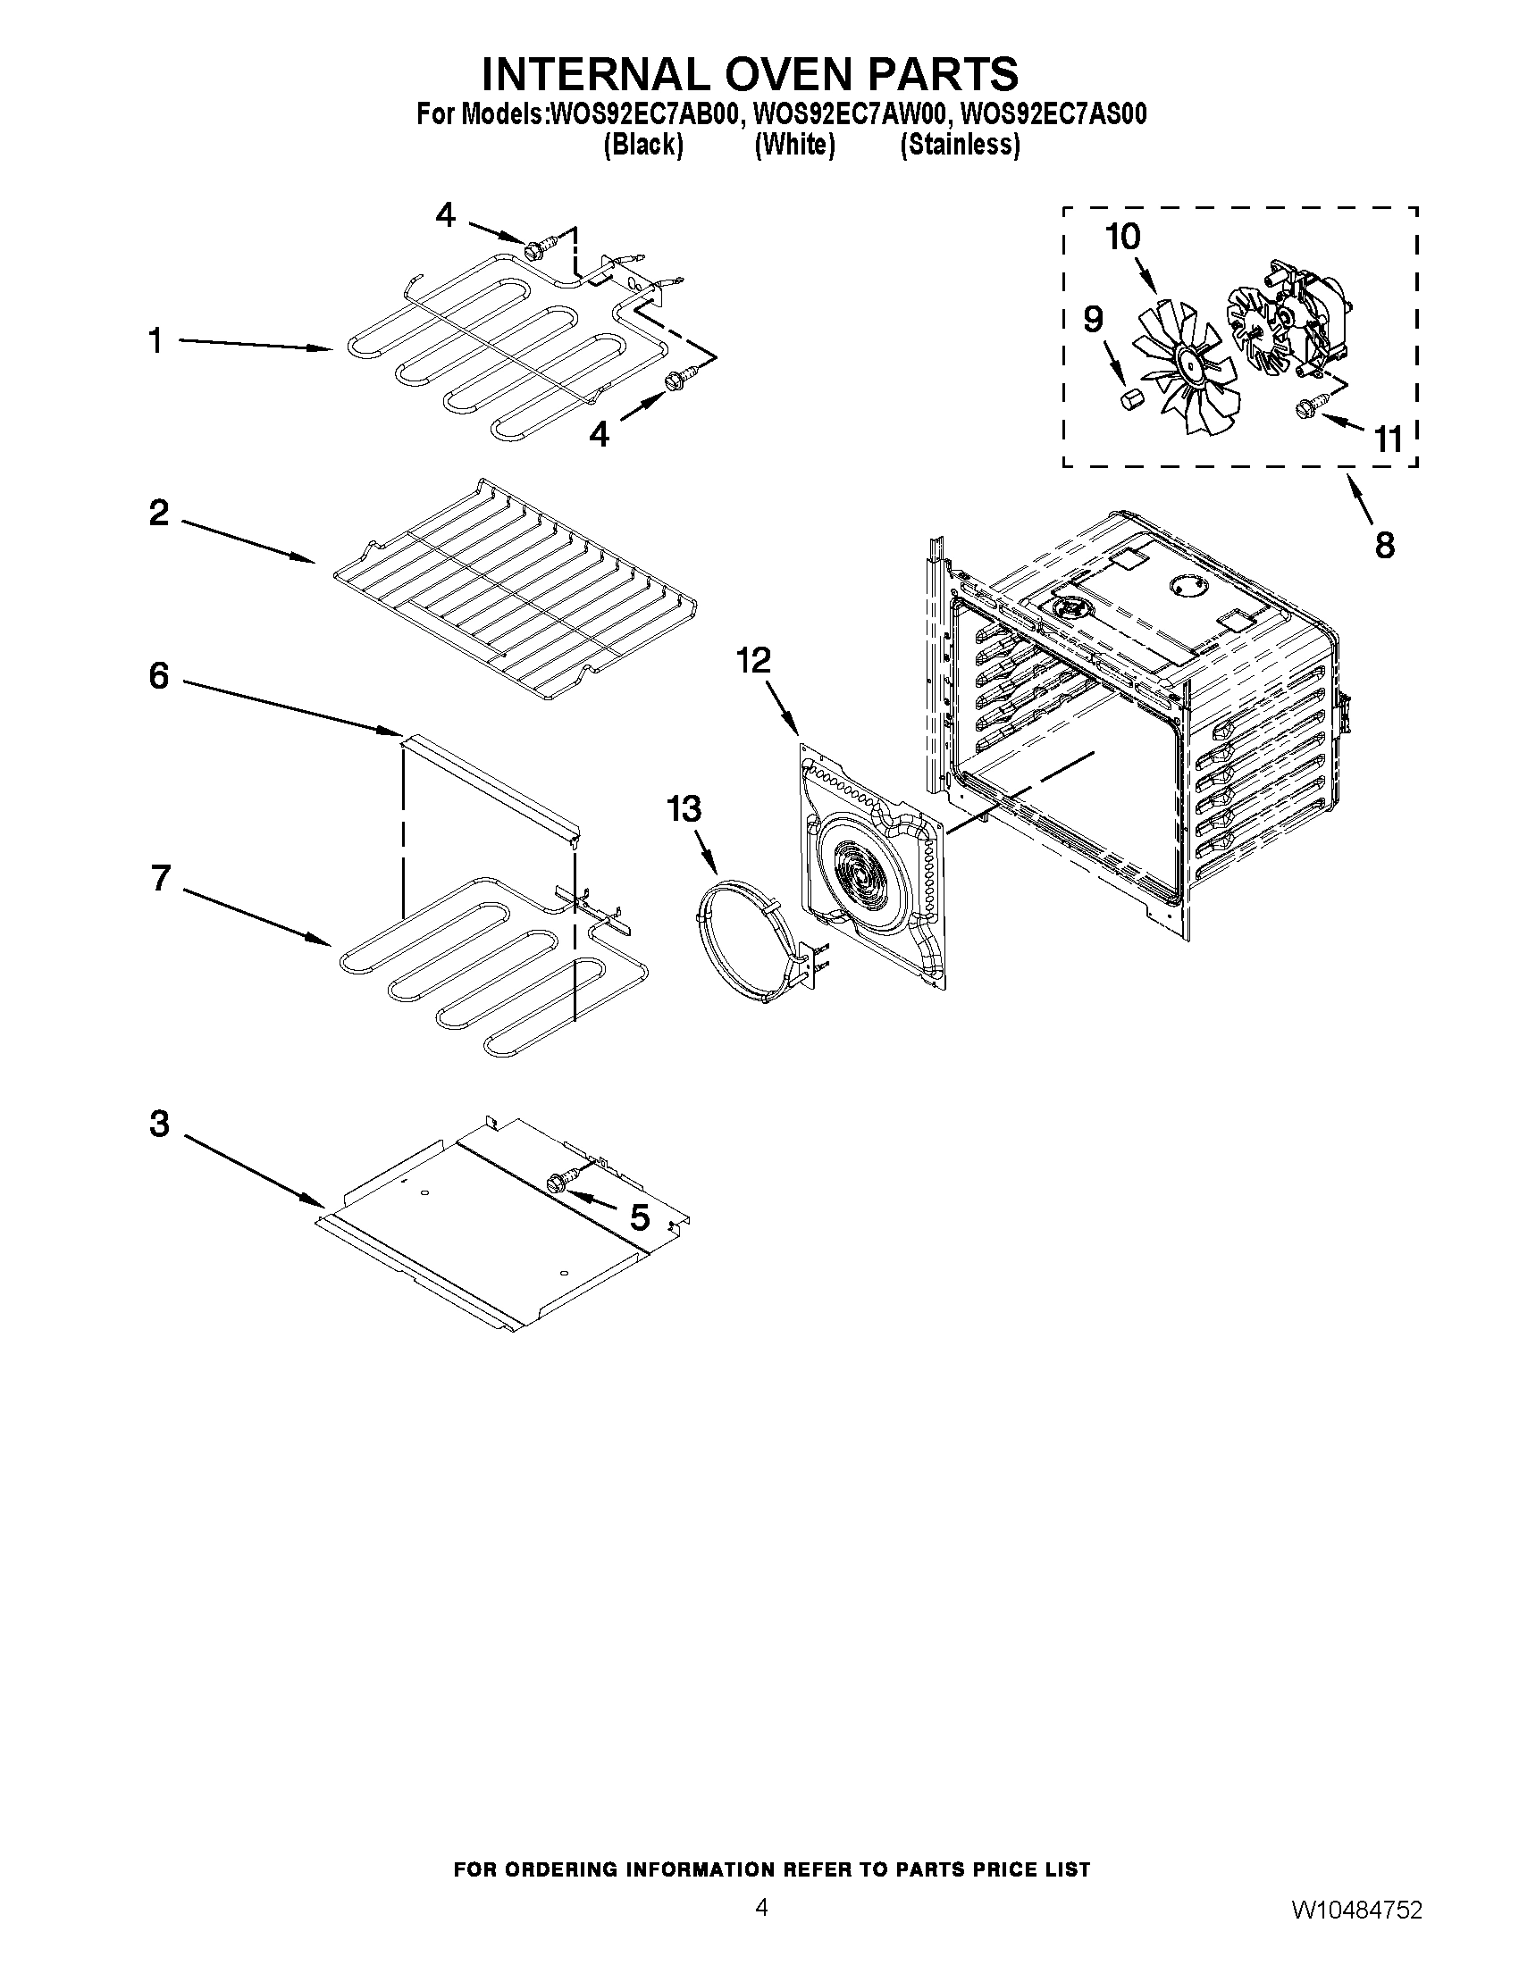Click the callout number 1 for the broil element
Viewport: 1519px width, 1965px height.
click(155, 342)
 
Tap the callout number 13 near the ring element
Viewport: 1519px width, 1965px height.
click(684, 809)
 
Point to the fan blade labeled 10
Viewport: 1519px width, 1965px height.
click(1171, 369)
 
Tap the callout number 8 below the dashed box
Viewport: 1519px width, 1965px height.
click(1384, 544)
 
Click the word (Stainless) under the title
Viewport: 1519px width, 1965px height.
click(961, 145)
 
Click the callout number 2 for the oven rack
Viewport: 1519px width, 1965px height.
click(158, 514)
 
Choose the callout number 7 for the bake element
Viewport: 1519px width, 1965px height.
click(160, 877)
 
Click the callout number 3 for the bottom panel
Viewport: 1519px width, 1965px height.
click(159, 1124)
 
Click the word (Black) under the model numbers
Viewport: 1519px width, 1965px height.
click(643, 145)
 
